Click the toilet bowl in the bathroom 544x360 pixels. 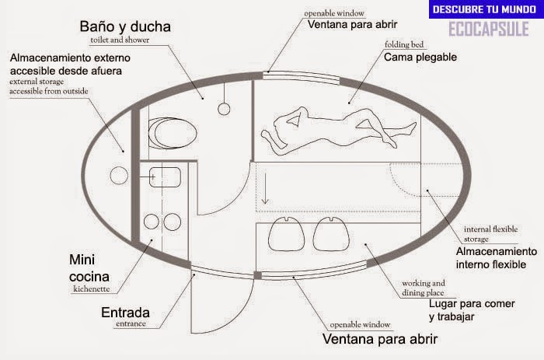173,133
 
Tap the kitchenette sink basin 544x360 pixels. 165,177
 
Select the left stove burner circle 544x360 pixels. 152,222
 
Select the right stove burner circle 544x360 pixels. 173,222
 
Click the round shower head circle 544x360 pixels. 224,109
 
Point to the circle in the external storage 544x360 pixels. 119,175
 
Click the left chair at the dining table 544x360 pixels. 286,234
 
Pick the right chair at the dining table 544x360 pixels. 331,234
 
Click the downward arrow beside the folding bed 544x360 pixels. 266,188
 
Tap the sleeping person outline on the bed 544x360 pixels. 338,131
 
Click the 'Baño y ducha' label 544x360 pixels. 125,26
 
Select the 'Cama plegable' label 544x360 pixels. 420,58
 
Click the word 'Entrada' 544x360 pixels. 126,313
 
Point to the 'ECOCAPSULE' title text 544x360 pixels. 489,29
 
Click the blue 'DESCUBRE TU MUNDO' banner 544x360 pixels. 486,9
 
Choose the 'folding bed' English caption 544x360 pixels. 404,45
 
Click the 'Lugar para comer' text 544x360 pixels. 472,304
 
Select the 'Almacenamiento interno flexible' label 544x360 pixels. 497,258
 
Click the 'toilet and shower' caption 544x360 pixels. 120,40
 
